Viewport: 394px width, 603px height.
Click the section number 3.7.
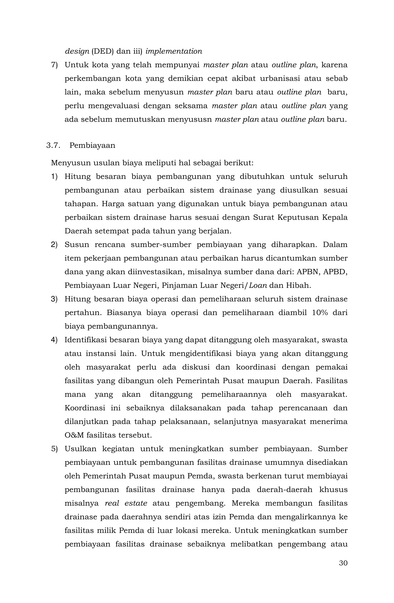pyautogui.click(x=53, y=145)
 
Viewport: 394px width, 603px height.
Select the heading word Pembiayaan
pyautogui.click(x=92, y=145)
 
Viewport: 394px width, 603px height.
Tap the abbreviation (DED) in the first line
pyautogui.click(x=102, y=51)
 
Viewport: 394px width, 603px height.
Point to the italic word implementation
pyautogui.click(x=174, y=51)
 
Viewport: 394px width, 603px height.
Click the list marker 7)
pyautogui.click(x=54, y=65)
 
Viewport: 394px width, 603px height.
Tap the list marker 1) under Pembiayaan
pyautogui.click(x=54, y=177)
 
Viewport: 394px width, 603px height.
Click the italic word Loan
pyautogui.click(x=258, y=286)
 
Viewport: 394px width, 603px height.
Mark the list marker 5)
pyautogui.click(x=54, y=449)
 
